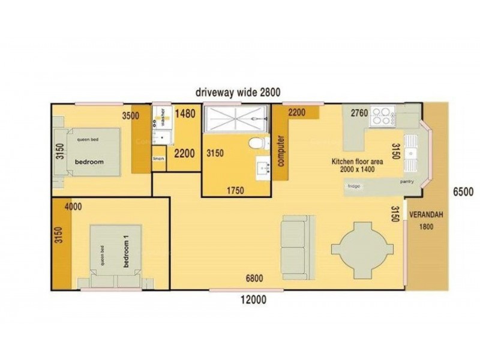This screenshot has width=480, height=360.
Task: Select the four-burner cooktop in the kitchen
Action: coord(382,115)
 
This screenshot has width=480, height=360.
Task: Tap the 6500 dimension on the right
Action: coord(463,192)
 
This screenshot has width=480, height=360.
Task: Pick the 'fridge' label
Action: coord(353,186)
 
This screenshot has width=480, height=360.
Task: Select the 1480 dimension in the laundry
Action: coord(185,113)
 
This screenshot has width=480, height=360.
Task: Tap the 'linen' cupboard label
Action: coord(158,158)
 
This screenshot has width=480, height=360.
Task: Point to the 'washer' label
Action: coord(163,119)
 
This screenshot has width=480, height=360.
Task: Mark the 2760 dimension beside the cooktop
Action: coord(359,112)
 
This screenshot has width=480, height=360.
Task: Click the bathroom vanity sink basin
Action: coord(262,168)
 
